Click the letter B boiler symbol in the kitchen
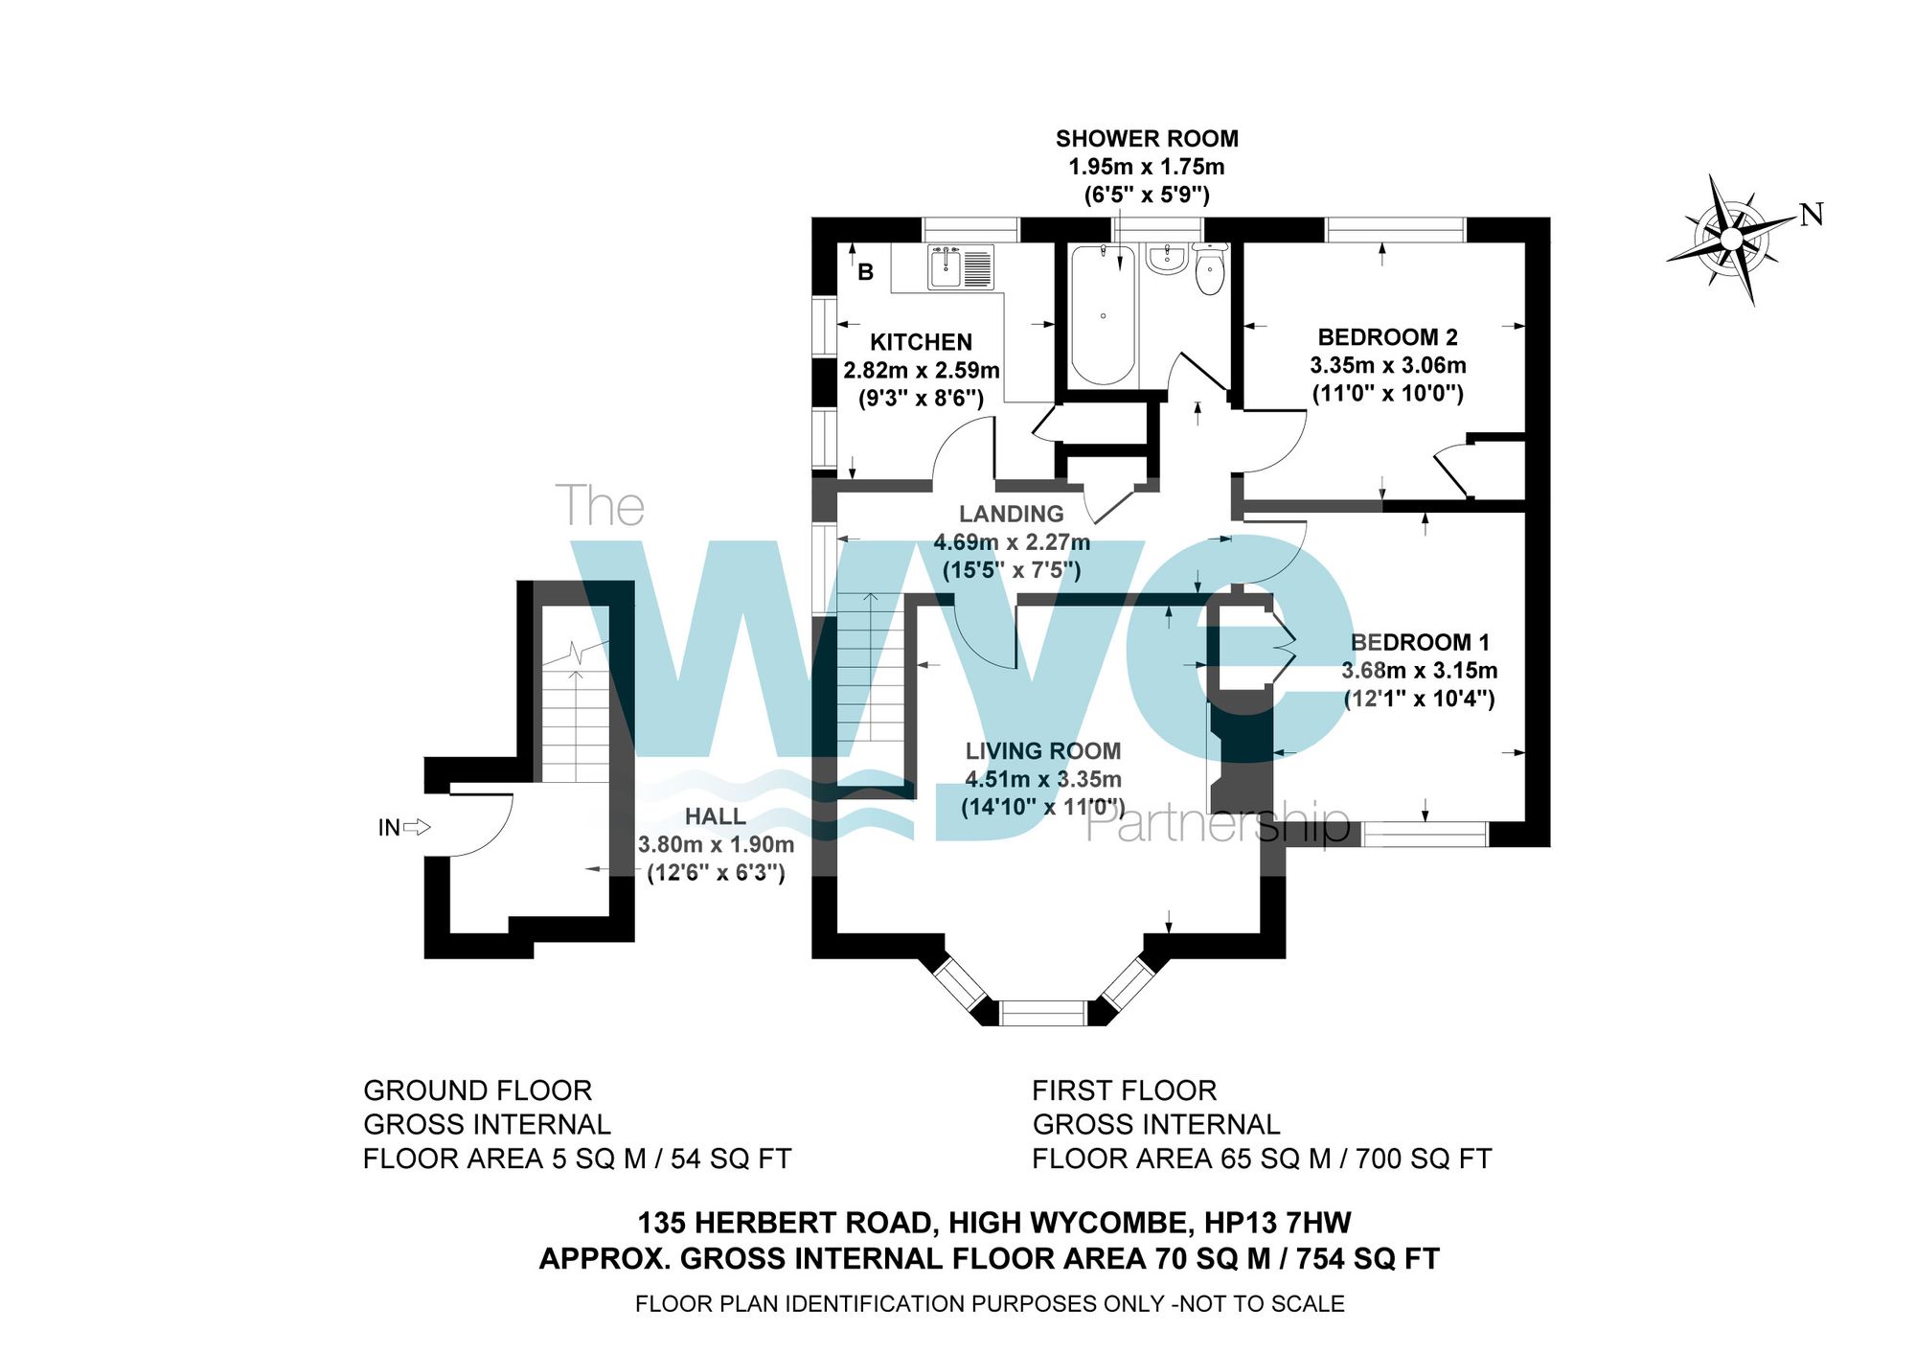[x=865, y=272]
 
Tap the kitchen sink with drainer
[x=961, y=267]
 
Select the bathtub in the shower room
[x=1103, y=315]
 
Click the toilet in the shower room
[x=1210, y=269]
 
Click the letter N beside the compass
[x=1811, y=216]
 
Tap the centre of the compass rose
[x=1731, y=238]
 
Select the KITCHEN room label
[x=921, y=342]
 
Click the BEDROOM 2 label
[x=1387, y=337]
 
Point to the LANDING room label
[x=1012, y=514]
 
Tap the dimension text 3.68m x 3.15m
[x=1419, y=671]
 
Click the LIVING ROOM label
[x=1042, y=751]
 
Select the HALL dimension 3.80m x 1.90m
[x=716, y=844]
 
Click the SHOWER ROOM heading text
[x=1147, y=139]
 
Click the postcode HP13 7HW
[x=1277, y=1223]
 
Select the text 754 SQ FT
[x=1367, y=1258]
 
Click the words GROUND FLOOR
[x=477, y=1090]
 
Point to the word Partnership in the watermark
[x=1217, y=824]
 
